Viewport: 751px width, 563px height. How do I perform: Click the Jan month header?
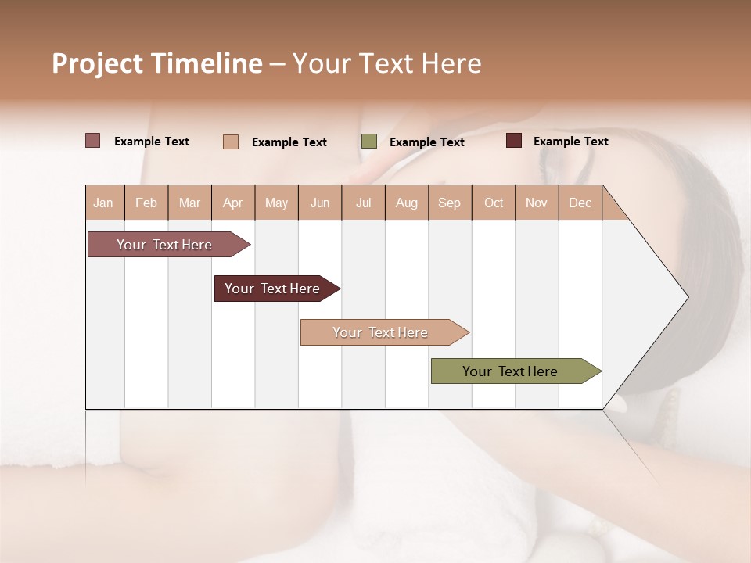point(103,203)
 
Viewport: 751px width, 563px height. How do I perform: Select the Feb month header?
point(146,203)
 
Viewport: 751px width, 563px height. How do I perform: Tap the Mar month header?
point(189,203)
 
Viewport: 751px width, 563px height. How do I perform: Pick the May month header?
point(276,203)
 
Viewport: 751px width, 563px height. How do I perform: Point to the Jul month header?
point(363,203)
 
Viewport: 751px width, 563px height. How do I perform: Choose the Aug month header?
point(406,203)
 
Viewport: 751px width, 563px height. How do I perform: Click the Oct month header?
point(494,203)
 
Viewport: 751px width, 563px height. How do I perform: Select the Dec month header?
point(580,203)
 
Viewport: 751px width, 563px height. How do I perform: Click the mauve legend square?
point(93,141)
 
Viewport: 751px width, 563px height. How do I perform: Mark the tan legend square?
point(231,142)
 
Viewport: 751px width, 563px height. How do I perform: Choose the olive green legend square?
point(369,142)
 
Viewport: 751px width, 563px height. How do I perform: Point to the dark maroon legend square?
point(514,141)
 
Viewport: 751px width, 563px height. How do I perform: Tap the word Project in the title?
point(98,63)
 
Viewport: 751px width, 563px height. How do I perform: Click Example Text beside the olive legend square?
point(426,142)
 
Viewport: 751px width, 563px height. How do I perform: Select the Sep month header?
point(449,203)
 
